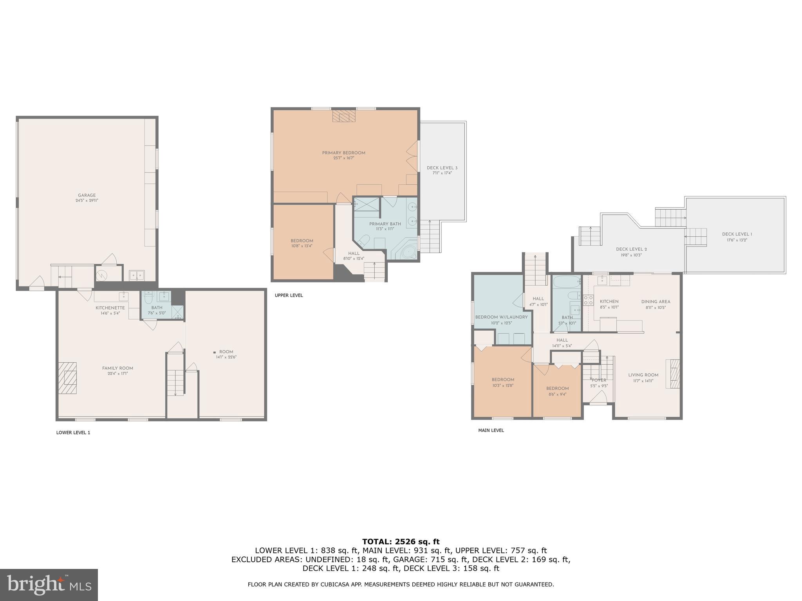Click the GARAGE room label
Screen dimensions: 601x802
click(87, 195)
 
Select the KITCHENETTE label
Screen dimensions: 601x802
click(110, 308)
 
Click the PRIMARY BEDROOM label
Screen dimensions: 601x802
click(343, 153)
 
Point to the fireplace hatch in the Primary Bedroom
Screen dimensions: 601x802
click(343, 116)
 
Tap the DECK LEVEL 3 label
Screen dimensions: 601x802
click(442, 168)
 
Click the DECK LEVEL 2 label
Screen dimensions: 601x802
click(631, 249)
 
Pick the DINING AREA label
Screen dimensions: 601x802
click(656, 302)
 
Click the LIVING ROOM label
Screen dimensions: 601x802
click(643, 375)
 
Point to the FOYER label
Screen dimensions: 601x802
click(599, 380)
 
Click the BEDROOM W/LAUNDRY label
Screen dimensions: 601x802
click(501, 317)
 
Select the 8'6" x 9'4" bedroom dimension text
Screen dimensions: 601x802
click(557, 394)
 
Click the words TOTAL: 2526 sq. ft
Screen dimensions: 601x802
click(401, 542)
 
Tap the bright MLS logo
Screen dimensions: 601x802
click(49, 585)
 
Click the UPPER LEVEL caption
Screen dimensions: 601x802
click(289, 295)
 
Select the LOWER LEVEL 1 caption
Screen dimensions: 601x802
click(73, 432)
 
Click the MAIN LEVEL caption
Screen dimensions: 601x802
click(491, 430)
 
